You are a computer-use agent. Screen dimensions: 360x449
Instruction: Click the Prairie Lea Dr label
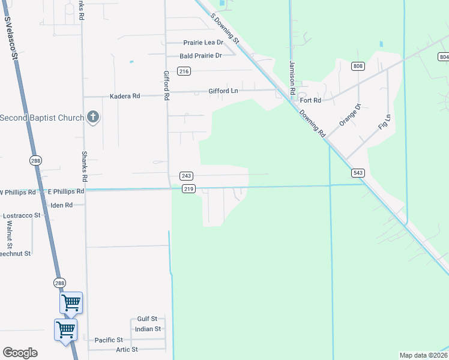tap(202, 43)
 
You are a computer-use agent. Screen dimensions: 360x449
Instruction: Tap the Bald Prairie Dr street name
tap(201, 56)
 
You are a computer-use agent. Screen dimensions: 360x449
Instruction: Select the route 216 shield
tap(184, 71)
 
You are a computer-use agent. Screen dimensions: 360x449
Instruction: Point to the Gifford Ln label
tap(223, 91)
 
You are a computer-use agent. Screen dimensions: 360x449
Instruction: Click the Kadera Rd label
tap(125, 96)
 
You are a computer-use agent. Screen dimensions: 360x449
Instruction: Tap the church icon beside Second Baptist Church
tap(92, 118)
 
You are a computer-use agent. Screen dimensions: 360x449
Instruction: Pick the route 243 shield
tap(186, 176)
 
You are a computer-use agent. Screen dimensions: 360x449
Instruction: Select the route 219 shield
tap(188, 189)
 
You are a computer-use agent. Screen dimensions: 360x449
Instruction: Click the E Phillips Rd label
tap(66, 191)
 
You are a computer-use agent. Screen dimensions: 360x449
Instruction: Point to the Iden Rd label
tap(61, 205)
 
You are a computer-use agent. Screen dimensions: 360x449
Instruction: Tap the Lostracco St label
tap(22, 215)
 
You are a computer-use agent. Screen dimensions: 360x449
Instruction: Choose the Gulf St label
tap(147, 319)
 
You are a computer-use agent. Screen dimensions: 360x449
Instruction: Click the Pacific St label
tap(109, 340)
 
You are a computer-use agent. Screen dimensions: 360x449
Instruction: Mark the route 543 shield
tap(358, 173)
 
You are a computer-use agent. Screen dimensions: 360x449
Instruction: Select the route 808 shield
tap(358, 66)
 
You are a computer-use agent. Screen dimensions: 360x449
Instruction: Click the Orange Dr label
tap(349, 115)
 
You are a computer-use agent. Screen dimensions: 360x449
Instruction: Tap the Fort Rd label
tap(312, 100)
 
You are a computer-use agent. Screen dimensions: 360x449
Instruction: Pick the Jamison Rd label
tap(292, 78)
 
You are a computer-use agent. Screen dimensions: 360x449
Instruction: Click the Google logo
tap(20, 353)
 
